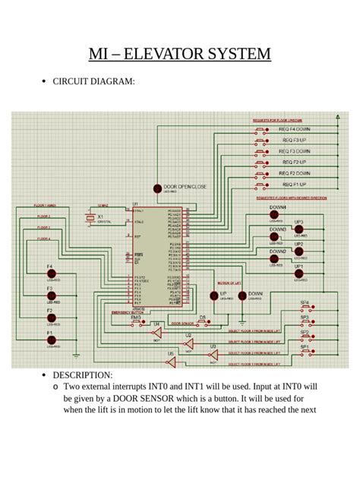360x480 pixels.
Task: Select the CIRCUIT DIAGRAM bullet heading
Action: point(93,81)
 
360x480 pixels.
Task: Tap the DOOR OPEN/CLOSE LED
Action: point(157,188)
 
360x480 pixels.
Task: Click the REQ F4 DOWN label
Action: point(295,129)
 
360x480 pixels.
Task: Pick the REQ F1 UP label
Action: point(292,184)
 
